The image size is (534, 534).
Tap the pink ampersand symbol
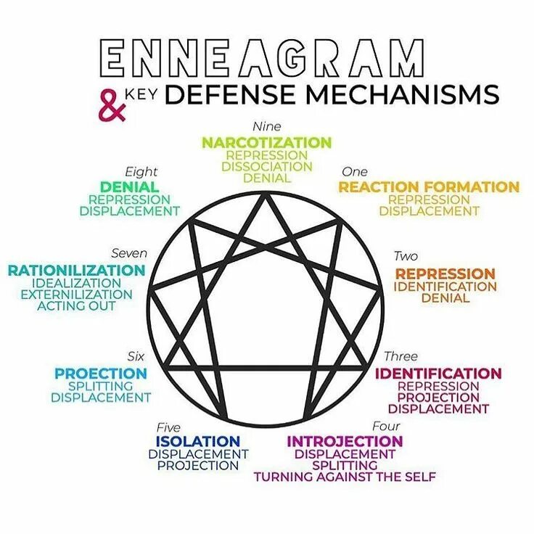click(x=110, y=106)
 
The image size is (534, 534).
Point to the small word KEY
click(x=139, y=91)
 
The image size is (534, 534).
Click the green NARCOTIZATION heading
click(x=266, y=142)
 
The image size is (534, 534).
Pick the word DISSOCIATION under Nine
click(x=266, y=166)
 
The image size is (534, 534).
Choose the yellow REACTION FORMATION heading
click(x=429, y=187)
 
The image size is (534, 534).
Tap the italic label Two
click(x=406, y=256)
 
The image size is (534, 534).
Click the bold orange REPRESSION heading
click(x=445, y=274)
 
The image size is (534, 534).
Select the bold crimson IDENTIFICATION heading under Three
click(x=438, y=374)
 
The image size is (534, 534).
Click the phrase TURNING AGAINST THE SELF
click(x=345, y=477)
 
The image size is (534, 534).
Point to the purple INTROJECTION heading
click(x=345, y=441)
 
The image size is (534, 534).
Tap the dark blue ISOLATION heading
click(x=197, y=441)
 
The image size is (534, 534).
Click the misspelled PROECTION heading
click(x=100, y=374)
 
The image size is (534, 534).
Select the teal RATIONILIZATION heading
click(x=76, y=271)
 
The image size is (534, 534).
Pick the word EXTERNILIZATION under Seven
click(x=76, y=295)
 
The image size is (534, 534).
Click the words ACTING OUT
click(x=76, y=306)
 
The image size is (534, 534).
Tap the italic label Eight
click(x=141, y=172)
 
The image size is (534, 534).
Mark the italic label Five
click(x=168, y=427)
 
